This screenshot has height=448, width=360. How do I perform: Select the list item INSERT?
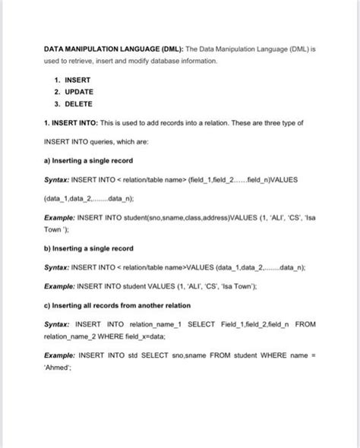(78, 80)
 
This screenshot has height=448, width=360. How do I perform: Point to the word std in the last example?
(147, 355)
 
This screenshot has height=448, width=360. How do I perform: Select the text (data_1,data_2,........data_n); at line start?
(89, 197)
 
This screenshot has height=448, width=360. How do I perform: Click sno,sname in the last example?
(201, 355)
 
